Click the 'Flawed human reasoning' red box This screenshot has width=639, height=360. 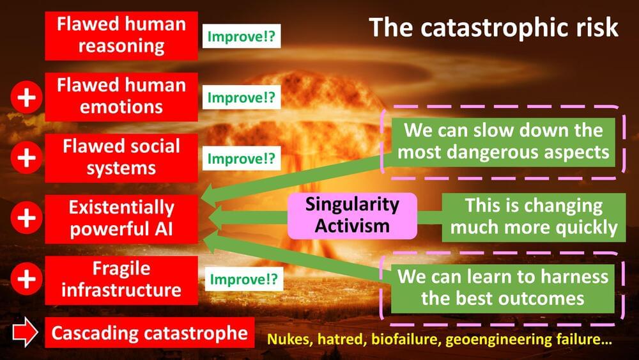click(x=121, y=36)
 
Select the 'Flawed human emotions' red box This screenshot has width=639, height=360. click(x=121, y=97)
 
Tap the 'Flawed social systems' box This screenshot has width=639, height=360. click(x=121, y=158)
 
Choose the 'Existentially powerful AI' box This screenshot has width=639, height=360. click(x=121, y=219)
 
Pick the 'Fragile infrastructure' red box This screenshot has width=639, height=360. click(x=121, y=281)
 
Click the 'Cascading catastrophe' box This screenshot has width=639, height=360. click(x=150, y=333)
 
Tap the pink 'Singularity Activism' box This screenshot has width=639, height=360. click(x=352, y=215)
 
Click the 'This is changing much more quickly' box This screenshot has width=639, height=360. click(x=534, y=217)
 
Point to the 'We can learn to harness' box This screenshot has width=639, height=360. click(x=502, y=288)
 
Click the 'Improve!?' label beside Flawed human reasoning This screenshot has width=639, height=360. click(x=242, y=36)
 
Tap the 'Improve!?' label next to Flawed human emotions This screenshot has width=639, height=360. click(x=242, y=97)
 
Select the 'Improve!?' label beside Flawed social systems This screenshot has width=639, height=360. click(x=242, y=158)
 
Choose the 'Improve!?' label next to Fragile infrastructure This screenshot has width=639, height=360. click(x=243, y=279)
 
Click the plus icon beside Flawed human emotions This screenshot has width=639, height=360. click(x=26, y=97)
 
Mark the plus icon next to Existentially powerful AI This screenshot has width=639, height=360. click(x=26, y=217)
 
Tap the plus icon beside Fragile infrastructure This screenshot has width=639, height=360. click(x=26, y=279)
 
